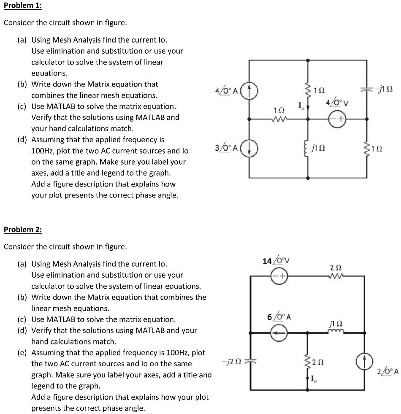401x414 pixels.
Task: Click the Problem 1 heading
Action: [22, 7]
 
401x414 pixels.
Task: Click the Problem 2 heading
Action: [23, 230]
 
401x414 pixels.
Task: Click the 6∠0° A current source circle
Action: [279, 333]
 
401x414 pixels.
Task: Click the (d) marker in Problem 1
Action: [22, 140]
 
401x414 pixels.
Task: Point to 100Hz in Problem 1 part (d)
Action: [42, 151]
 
